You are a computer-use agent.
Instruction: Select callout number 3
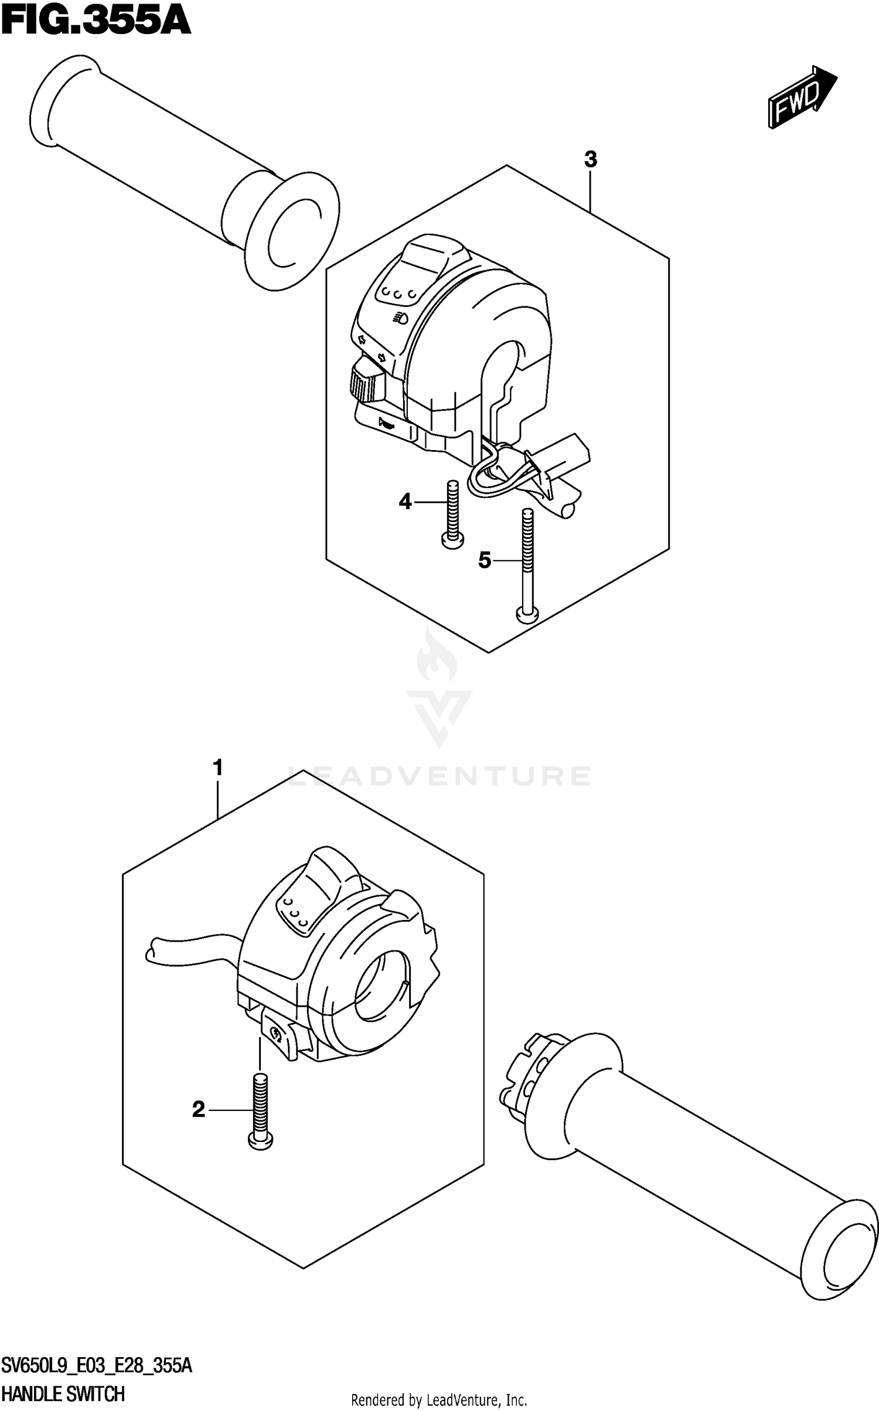pyautogui.click(x=590, y=159)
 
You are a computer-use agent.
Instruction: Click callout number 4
pyautogui.click(x=406, y=502)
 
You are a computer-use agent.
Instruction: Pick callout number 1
pyautogui.click(x=218, y=768)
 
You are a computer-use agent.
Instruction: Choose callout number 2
pyautogui.click(x=199, y=1109)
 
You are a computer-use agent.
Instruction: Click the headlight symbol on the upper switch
pyautogui.click(x=400, y=317)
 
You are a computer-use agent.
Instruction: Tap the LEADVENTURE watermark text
pyautogui.click(x=439, y=777)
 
